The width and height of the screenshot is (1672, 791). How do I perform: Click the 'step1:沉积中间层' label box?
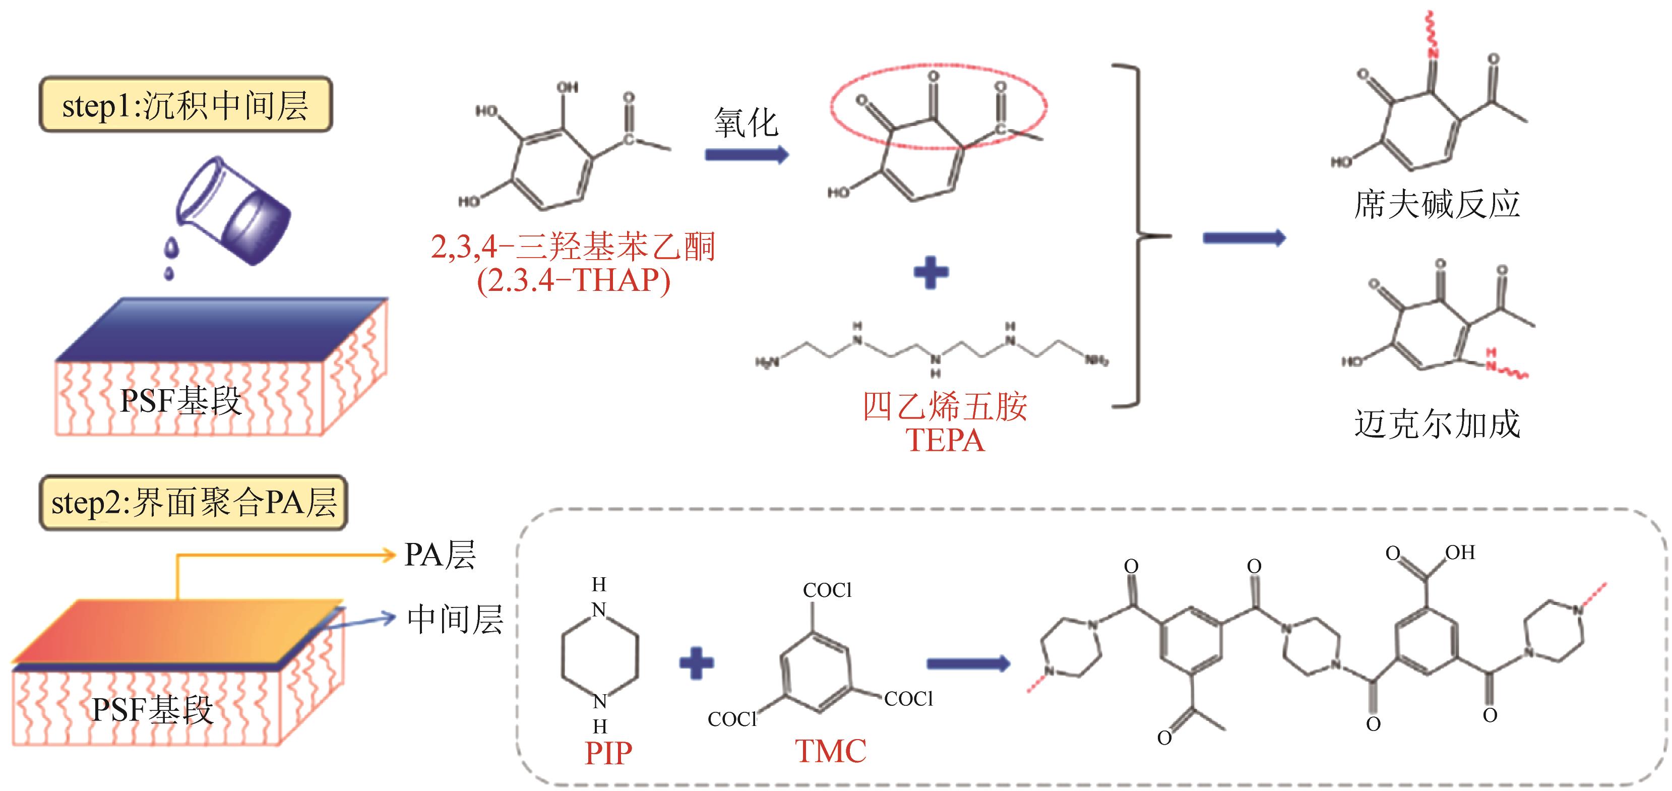(185, 104)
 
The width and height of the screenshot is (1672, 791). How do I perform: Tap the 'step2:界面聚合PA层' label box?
(194, 503)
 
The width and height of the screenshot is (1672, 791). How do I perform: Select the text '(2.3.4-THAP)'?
(573, 280)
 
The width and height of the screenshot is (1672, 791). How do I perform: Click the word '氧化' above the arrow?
(746, 122)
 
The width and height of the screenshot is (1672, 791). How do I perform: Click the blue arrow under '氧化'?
(746, 155)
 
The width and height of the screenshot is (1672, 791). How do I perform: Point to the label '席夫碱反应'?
(1437, 204)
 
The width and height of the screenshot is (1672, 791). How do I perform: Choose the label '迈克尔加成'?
(1437, 424)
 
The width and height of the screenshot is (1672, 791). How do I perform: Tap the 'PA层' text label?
(440, 555)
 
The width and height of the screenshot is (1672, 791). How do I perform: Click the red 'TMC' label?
(830, 751)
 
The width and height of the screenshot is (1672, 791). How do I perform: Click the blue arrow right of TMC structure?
(968, 663)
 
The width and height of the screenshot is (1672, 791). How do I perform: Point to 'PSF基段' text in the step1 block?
(180, 401)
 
